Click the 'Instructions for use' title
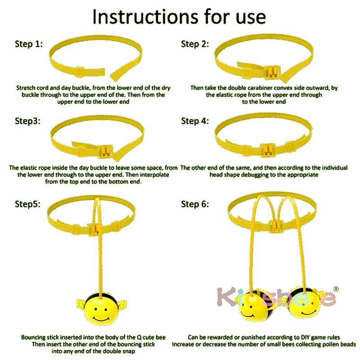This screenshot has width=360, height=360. (179, 17)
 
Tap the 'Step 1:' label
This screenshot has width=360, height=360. (29, 44)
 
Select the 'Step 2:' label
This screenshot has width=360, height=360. (195, 44)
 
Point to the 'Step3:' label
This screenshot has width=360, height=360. (27, 121)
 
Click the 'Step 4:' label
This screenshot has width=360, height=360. (195, 121)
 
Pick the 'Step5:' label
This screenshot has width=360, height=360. (27, 204)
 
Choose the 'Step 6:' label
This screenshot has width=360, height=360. (195, 204)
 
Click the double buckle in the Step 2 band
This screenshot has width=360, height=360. (272, 72)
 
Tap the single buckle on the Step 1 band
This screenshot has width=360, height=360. (81, 72)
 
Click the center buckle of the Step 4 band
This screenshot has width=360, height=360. (267, 150)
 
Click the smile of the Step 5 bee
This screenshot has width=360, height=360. (101, 319)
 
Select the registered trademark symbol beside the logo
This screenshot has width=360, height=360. (336, 288)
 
